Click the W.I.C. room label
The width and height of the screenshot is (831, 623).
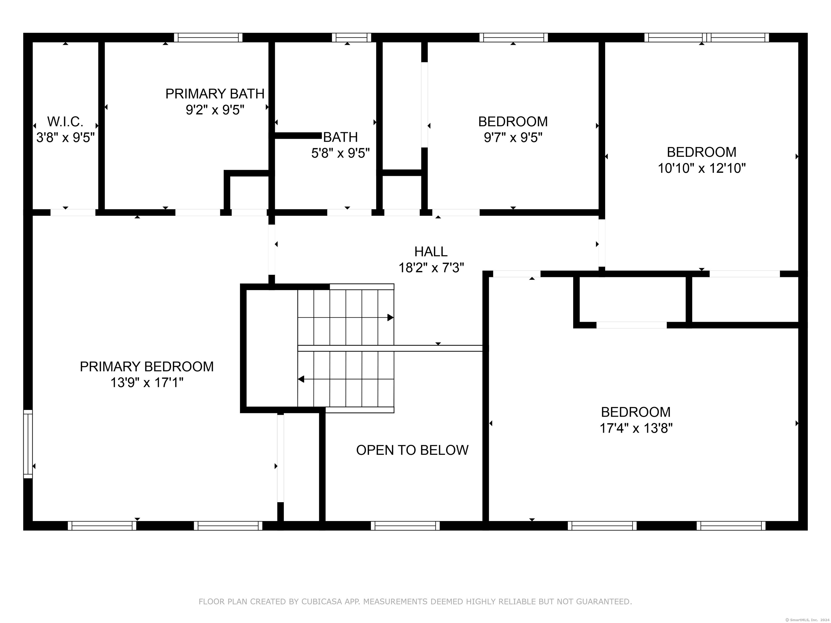65,122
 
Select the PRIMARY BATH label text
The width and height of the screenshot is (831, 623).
215,94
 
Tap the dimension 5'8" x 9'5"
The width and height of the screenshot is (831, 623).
340,153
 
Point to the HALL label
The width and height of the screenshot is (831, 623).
431,251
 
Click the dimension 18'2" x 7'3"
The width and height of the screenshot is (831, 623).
431,268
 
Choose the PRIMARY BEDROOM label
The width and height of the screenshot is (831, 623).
147,366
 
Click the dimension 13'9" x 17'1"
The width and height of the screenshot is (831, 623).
147,383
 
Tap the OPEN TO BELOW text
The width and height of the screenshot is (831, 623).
412,450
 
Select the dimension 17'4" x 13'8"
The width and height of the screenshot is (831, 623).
636,428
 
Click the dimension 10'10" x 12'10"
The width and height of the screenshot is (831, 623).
701,168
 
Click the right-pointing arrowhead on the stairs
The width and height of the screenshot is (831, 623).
390,318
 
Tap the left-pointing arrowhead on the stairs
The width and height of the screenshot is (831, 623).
301,379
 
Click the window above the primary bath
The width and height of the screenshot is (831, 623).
208,38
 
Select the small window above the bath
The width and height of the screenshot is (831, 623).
351,38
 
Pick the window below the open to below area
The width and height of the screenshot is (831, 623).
405,526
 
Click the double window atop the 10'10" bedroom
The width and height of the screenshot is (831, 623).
707,38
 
